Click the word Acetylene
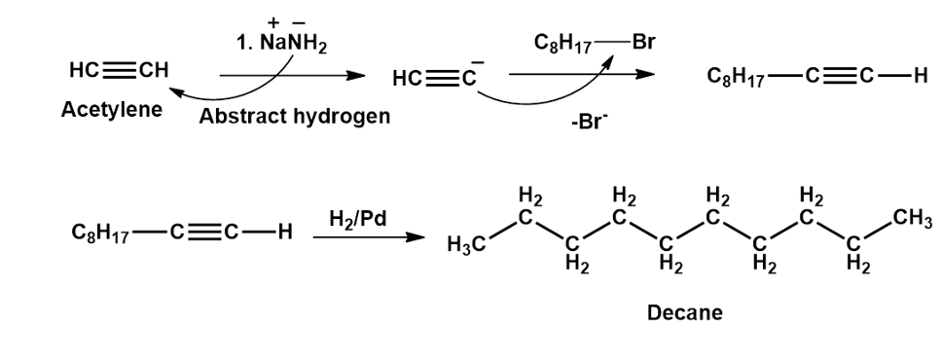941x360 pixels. [112, 110]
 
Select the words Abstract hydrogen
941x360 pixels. [294, 116]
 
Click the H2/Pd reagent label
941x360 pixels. [358, 220]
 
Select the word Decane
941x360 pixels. [685, 312]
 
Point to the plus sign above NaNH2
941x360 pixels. [273, 22]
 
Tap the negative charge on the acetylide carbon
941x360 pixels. [478, 62]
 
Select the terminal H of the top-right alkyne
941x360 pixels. [919, 77]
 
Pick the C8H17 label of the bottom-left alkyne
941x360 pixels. [99, 233]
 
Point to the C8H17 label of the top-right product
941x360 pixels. [735, 78]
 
